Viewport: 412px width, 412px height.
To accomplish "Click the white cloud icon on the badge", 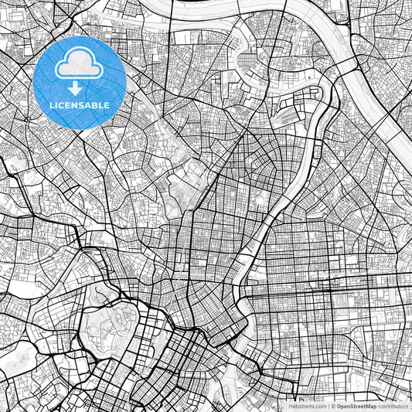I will point(80,63).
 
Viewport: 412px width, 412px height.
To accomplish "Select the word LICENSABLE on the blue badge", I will point(80,104).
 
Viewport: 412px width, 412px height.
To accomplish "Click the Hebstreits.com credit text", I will point(307,405).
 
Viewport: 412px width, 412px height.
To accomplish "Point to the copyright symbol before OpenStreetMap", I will point(332,405).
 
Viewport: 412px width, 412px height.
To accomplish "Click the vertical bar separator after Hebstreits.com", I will point(327,405).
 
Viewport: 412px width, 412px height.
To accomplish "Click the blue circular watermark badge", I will point(80,82).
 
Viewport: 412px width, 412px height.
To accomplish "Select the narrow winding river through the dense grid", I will point(263,232).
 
